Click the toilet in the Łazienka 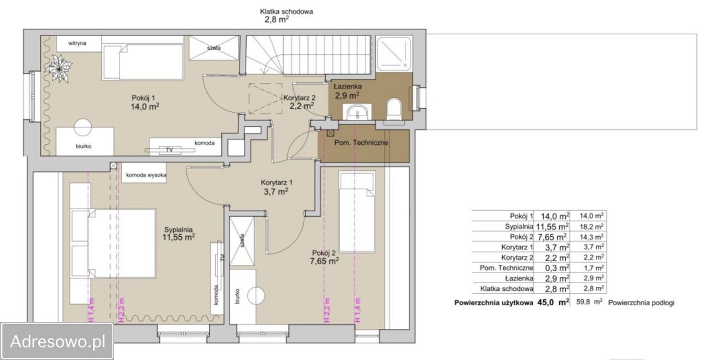point(394,109)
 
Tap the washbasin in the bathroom point(357,112)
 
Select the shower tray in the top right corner point(394,53)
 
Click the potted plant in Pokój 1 point(59,68)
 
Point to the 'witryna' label point(77,43)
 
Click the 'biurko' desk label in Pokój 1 point(84,146)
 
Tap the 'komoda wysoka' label point(146,175)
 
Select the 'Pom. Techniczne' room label point(361,143)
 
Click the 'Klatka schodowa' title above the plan point(287,12)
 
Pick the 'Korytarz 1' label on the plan point(277,182)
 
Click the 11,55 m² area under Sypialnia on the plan point(179,237)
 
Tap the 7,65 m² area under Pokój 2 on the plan point(324,261)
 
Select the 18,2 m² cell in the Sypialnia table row point(591,226)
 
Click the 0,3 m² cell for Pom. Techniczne point(557,268)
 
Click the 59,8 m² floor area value point(589,302)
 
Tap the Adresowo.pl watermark point(57,341)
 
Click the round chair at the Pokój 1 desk point(83,127)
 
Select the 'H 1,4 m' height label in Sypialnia point(91,310)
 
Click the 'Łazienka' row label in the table point(519,279)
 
